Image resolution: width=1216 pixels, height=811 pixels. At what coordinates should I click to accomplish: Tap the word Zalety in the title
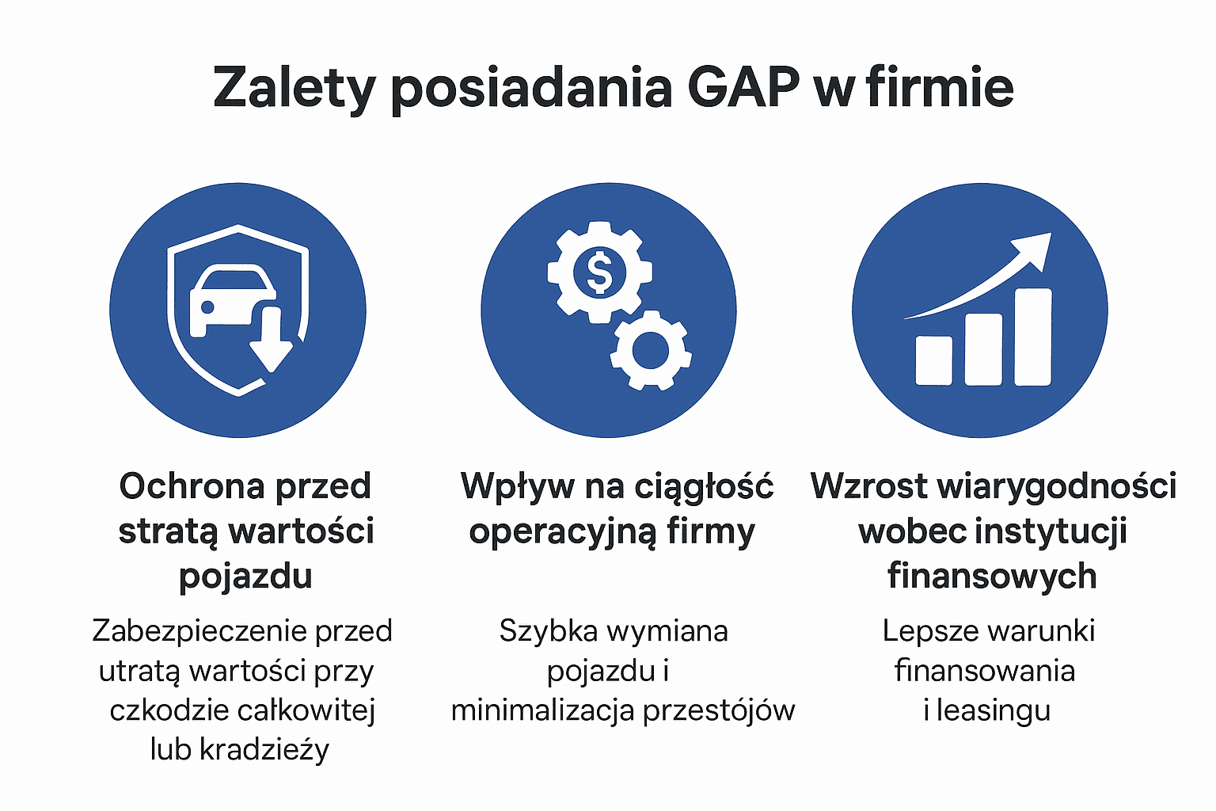(293, 88)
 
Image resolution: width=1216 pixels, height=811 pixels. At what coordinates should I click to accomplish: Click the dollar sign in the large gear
(599, 272)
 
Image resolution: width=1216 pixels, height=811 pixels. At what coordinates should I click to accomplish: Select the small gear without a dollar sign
(651, 350)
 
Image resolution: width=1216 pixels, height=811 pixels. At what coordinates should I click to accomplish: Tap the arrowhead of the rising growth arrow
(1034, 247)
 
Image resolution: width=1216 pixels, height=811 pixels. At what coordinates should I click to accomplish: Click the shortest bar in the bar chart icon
(933, 360)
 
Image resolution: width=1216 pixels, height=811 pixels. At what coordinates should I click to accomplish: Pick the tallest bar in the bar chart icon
(1032, 337)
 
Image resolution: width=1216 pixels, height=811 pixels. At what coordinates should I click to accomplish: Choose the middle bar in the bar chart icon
(983, 349)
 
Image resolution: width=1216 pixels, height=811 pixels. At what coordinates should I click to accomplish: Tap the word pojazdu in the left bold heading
(245, 577)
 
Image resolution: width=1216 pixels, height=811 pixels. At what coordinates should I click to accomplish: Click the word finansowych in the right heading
(992, 576)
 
